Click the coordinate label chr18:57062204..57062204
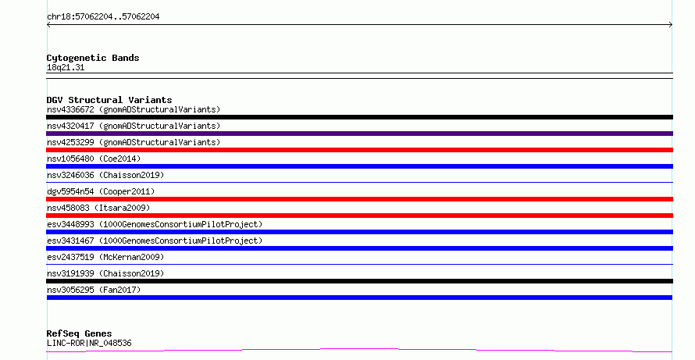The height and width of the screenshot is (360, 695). click(x=103, y=17)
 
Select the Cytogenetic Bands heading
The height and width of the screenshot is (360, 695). click(x=93, y=58)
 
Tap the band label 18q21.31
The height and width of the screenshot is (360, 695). click(x=66, y=67)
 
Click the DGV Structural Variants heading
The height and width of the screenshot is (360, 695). click(x=109, y=100)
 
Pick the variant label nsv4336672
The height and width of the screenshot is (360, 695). click(x=70, y=109)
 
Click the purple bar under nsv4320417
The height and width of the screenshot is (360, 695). click(x=359, y=134)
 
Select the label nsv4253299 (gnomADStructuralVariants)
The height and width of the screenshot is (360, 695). click(x=134, y=142)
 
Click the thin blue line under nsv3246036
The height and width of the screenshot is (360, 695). click(x=359, y=182)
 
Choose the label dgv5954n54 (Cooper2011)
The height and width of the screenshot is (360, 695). click(x=101, y=191)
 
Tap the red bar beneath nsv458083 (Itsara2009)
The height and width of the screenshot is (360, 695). click(x=359, y=216)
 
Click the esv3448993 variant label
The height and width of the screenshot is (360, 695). click(x=70, y=224)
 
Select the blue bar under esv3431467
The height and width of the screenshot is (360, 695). click(x=359, y=248)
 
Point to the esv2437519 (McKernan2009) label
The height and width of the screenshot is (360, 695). click(x=105, y=257)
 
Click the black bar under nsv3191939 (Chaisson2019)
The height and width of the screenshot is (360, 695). click(x=359, y=281)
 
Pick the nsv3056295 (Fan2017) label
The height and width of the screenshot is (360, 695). click(x=94, y=290)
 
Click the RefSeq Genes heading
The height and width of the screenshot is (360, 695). click(x=79, y=333)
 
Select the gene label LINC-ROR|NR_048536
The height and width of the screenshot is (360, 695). click(x=89, y=343)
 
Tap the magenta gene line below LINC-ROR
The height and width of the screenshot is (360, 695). click(x=359, y=351)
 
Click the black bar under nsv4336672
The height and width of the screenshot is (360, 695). click(x=359, y=117)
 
